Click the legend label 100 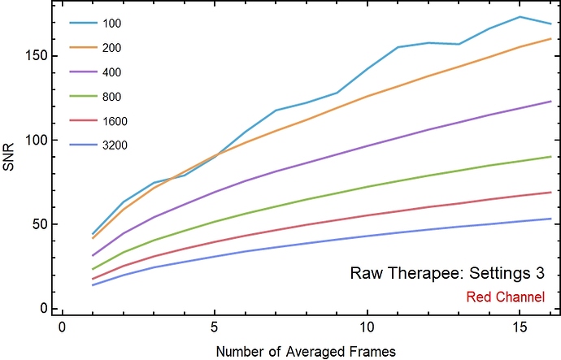[x=111, y=23]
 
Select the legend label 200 [x=111, y=47]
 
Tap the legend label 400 [x=111, y=72]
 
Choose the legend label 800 [x=111, y=97]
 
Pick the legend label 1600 [x=114, y=121]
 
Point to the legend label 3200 [x=114, y=145]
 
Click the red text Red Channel [x=505, y=297]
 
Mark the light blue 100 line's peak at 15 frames [x=520, y=16]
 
